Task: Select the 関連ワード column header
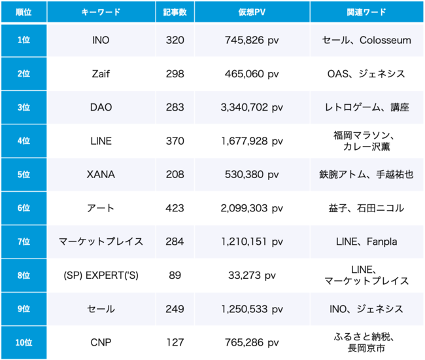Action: coord(367,12)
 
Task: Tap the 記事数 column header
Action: coord(175,12)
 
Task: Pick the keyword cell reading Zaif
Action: coord(101,74)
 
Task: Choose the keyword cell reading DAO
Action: coord(101,107)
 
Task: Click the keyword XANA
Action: coord(101,175)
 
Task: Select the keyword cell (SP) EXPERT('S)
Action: coord(101,276)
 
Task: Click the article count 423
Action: coord(175,208)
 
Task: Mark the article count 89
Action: coord(175,276)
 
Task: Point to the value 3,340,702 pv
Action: coord(252,107)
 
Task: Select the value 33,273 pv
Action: coord(252,276)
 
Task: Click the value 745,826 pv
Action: coord(252,41)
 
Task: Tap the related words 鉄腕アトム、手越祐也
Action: coord(367,175)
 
